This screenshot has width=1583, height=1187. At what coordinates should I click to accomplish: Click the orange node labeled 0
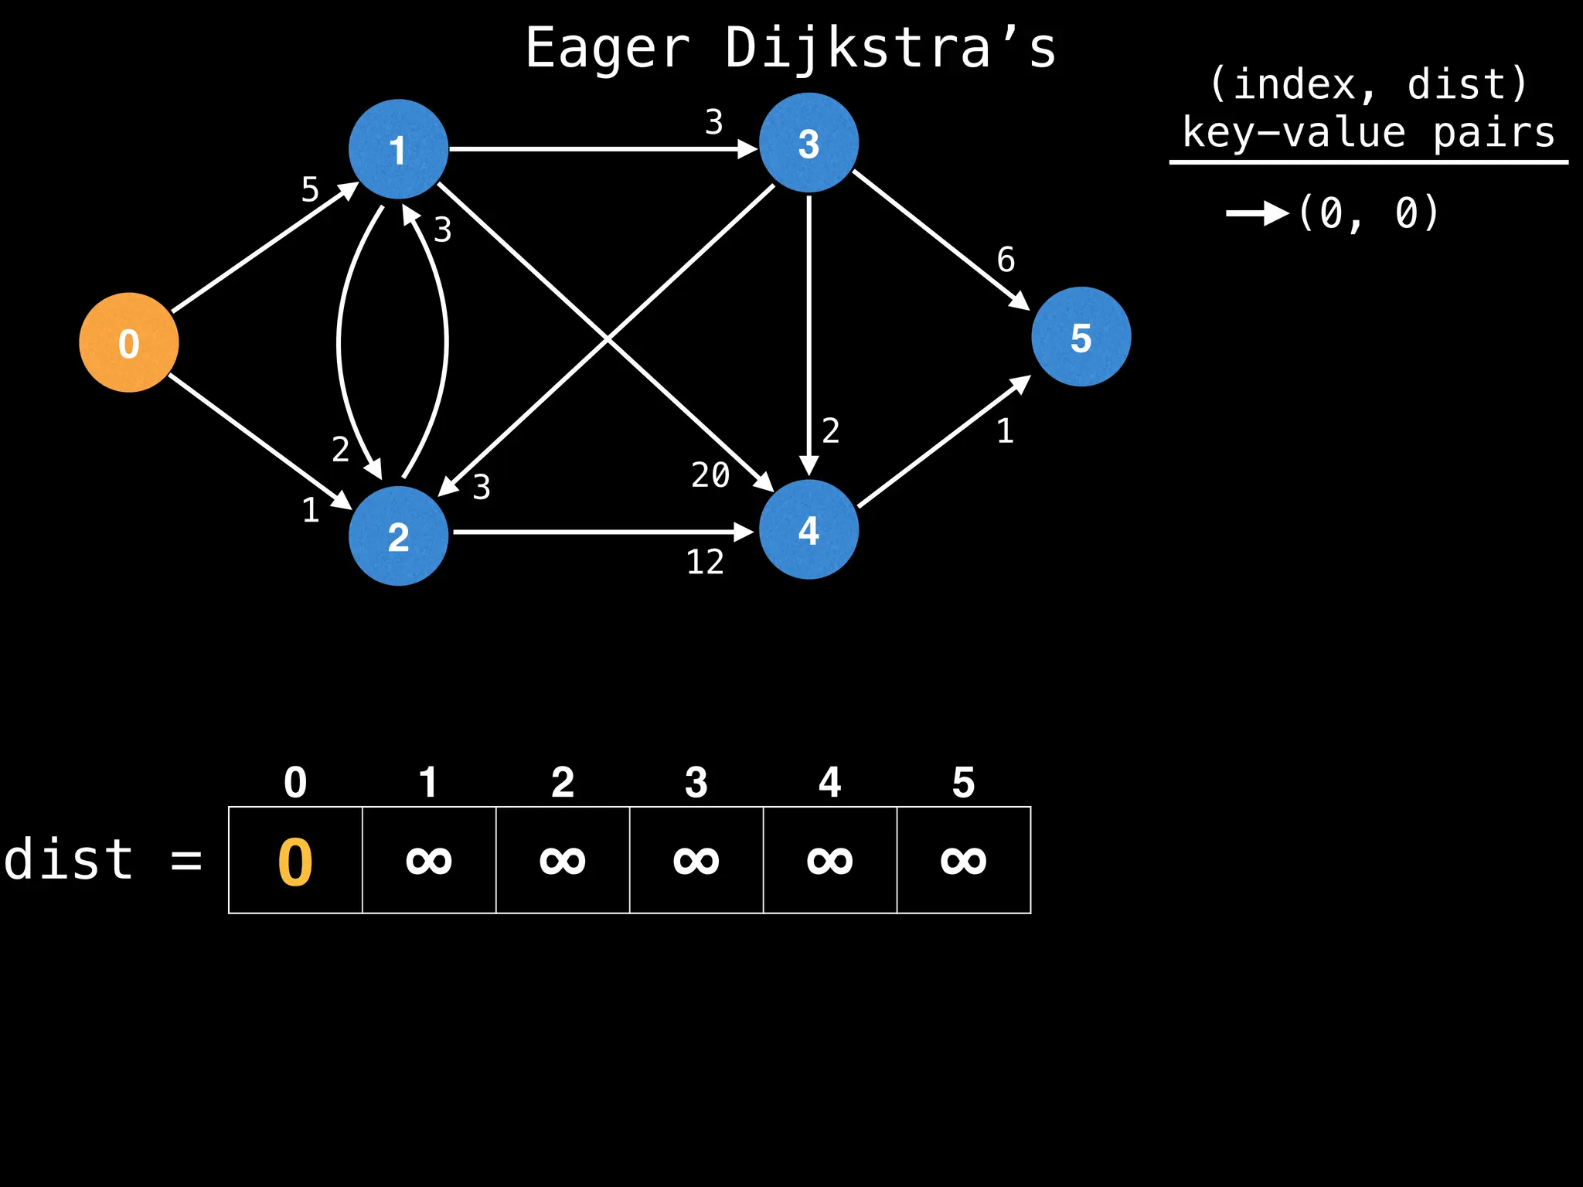(x=129, y=342)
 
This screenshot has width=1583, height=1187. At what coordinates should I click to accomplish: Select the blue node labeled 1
(x=398, y=149)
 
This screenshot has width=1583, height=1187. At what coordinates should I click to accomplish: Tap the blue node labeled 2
(x=398, y=536)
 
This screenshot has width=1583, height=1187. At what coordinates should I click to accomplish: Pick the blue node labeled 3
(x=809, y=143)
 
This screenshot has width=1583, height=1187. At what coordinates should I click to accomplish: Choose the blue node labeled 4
(x=809, y=530)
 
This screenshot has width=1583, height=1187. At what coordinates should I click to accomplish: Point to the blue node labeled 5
(x=1081, y=337)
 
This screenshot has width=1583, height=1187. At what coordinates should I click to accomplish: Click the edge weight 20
(x=710, y=475)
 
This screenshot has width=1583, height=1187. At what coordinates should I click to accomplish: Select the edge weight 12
(x=705, y=563)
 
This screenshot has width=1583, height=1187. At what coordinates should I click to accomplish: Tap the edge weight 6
(x=1006, y=260)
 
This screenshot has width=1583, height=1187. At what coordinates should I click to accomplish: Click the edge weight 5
(x=310, y=189)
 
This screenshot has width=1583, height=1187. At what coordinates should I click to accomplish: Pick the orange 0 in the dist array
(x=295, y=862)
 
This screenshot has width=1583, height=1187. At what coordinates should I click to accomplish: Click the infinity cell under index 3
(x=696, y=860)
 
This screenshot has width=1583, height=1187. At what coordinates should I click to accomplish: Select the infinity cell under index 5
(x=964, y=860)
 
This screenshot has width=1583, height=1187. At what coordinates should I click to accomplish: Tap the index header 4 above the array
(x=830, y=783)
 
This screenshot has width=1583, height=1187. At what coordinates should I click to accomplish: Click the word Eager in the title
(x=608, y=49)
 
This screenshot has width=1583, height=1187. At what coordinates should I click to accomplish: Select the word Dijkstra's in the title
(x=890, y=49)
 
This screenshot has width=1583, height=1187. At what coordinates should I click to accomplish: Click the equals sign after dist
(x=186, y=860)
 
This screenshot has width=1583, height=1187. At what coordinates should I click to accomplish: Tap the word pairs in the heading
(x=1493, y=133)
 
